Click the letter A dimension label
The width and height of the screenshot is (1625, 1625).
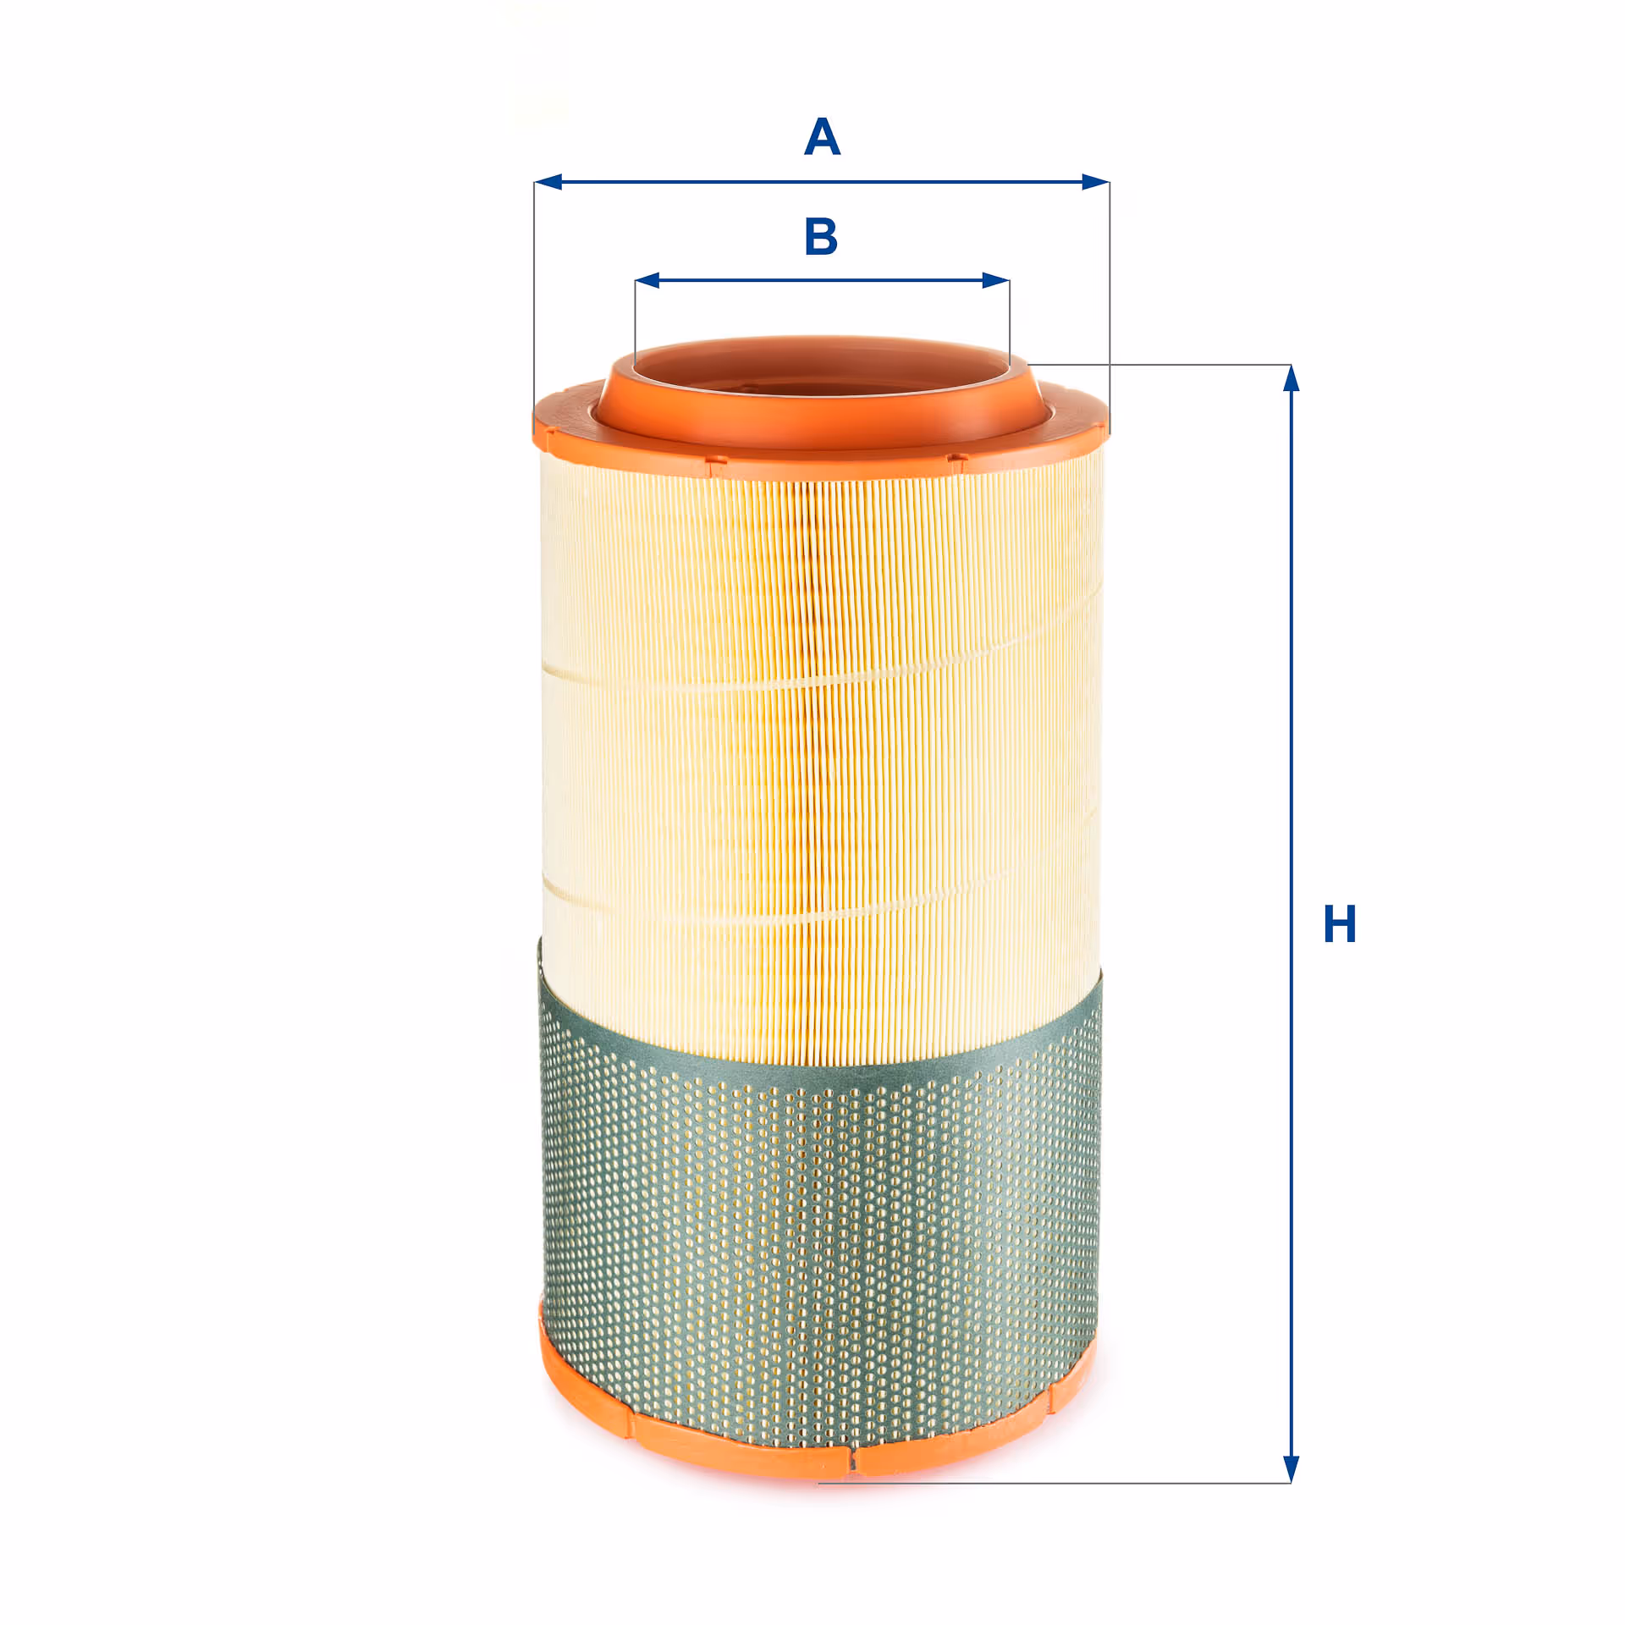(822, 137)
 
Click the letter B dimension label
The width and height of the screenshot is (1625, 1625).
(821, 236)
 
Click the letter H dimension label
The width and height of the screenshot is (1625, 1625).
(1340, 923)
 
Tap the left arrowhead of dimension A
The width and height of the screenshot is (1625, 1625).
(548, 182)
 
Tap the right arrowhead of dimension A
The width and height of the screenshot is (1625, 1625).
(1095, 182)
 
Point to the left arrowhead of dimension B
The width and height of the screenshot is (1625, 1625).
(647, 280)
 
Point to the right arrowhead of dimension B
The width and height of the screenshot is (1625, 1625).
(996, 280)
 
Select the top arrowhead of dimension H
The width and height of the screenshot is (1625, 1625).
(1291, 378)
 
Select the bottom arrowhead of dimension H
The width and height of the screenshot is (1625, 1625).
(1291, 1469)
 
